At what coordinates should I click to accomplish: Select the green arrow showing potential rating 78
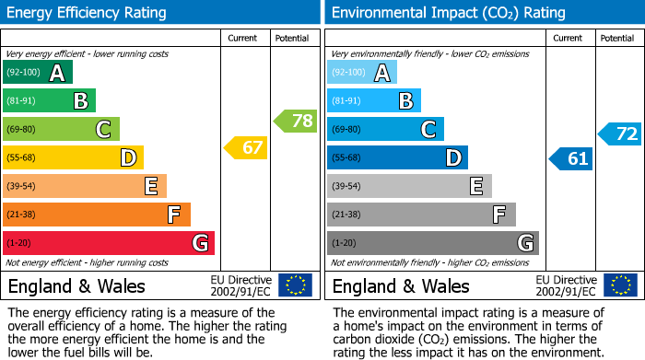click(x=294, y=120)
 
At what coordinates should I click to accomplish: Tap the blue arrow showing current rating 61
click(x=570, y=158)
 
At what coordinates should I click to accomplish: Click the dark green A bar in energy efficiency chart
click(x=37, y=73)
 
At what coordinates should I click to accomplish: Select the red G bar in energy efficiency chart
click(x=109, y=243)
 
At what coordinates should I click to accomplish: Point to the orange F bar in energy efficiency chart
click(x=97, y=215)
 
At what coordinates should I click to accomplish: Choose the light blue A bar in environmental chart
click(x=362, y=73)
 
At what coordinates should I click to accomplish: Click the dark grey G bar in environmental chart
click(x=433, y=243)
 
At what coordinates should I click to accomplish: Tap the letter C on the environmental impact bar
click(x=428, y=130)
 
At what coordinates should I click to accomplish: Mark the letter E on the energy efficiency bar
click(x=150, y=187)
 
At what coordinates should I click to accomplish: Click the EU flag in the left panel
click(x=295, y=285)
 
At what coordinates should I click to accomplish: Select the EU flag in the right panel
click(x=620, y=285)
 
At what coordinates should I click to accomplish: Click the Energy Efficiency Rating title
click(x=88, y=13)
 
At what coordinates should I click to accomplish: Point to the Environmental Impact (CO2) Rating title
click(x=448, y=13)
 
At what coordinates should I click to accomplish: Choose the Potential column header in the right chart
click(x=617, y=38)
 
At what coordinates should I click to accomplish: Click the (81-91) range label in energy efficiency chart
click(x=23, y=101)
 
